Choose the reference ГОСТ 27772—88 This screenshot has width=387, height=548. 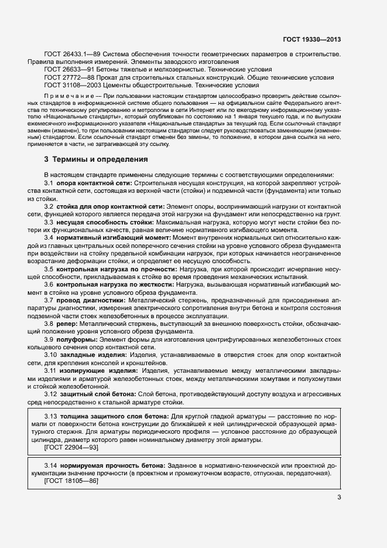(69, 77)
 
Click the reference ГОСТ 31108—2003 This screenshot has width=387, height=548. (70, 85)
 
